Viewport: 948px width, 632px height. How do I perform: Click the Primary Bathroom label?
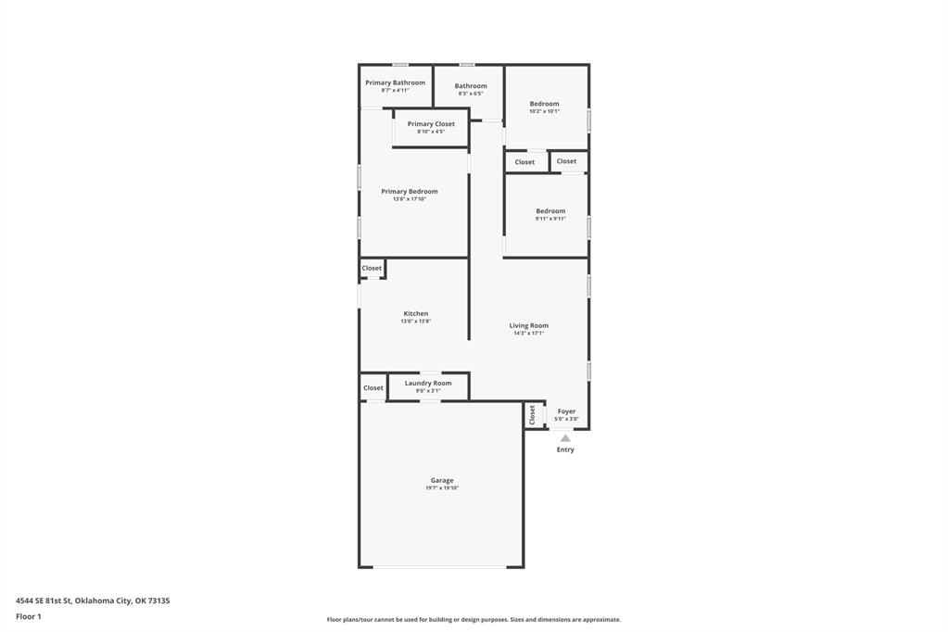point(395,82)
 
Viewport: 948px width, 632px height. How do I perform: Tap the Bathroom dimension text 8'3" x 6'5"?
point(471,94)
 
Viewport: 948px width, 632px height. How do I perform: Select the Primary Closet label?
point(431,124)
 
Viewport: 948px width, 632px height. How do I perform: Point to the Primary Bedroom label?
point(409,192)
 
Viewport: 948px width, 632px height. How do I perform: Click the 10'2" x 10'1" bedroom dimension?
point(544,111)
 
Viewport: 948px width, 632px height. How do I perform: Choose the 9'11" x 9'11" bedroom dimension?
point(550,219)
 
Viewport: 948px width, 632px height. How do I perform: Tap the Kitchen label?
point(415,313)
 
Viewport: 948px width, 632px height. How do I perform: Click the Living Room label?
point(528,325)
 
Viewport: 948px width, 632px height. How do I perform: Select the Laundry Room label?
point(428,383)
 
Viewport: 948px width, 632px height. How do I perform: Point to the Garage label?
point(442,480)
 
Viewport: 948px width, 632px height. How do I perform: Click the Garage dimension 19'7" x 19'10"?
point(442,488)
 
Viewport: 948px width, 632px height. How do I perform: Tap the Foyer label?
point(566,411)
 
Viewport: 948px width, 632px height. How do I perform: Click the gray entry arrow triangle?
point(565,438)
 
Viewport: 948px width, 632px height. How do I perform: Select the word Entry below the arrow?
point(565,449)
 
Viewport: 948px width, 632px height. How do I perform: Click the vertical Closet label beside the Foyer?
point(532,415)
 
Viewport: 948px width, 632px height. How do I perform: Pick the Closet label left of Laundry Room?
point(373,388)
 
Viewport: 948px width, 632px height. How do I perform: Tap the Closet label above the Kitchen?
point(372,269)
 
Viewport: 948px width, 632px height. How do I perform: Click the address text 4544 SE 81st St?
point(43,600)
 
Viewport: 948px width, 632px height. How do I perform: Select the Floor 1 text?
point(29,616)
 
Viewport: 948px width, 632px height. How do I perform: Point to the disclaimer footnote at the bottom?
point(474,620)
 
